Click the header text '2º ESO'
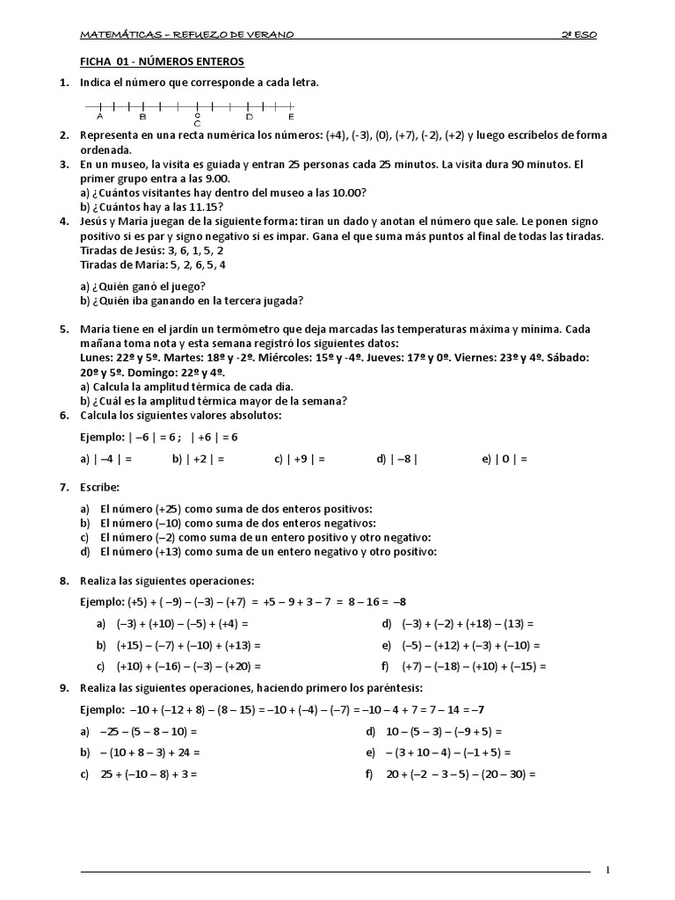click(x=579, y=35)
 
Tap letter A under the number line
click(x=100, y=116)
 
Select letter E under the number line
click(x=291, y=116)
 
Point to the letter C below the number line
click(x=197, y=124)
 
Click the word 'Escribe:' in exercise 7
click(x=99, y=486)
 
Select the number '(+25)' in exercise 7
click(x=171, y=509)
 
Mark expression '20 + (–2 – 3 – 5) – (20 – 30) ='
click(x=461, y=774)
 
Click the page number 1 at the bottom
click(x=606, y=870)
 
